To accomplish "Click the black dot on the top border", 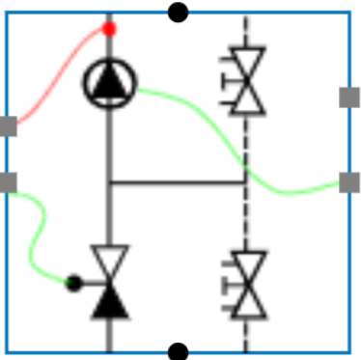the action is (178, 12).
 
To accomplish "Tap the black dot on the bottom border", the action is (178, 351).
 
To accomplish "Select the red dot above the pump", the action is (109, 29).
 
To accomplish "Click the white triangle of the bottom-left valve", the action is (109, 261).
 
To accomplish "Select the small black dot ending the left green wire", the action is (72, 283).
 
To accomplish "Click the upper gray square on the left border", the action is (8, 126).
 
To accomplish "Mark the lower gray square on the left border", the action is (8, 181).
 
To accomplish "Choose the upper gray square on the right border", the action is (349, 97).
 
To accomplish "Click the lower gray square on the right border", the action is (349, 181).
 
